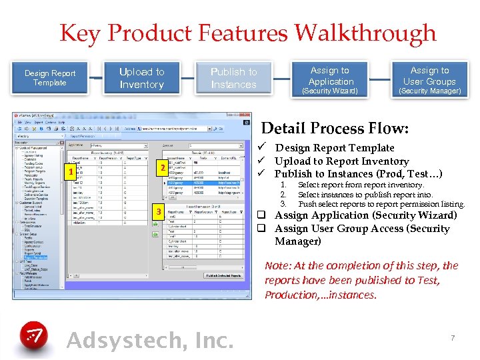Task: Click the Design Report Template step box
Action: coord(50,78)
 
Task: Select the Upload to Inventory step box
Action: coord(141,78)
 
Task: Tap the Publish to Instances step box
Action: coord(233,78)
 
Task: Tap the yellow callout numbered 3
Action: coord(158,212)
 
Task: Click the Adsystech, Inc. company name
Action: coord(150,340)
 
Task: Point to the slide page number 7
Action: coord(453,338)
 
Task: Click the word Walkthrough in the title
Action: coord(365,33)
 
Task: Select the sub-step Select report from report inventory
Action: coord(360,185)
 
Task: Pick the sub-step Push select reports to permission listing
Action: coord(381,204)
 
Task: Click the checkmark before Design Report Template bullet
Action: coord(265,148)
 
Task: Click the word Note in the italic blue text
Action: coord(277,265)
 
